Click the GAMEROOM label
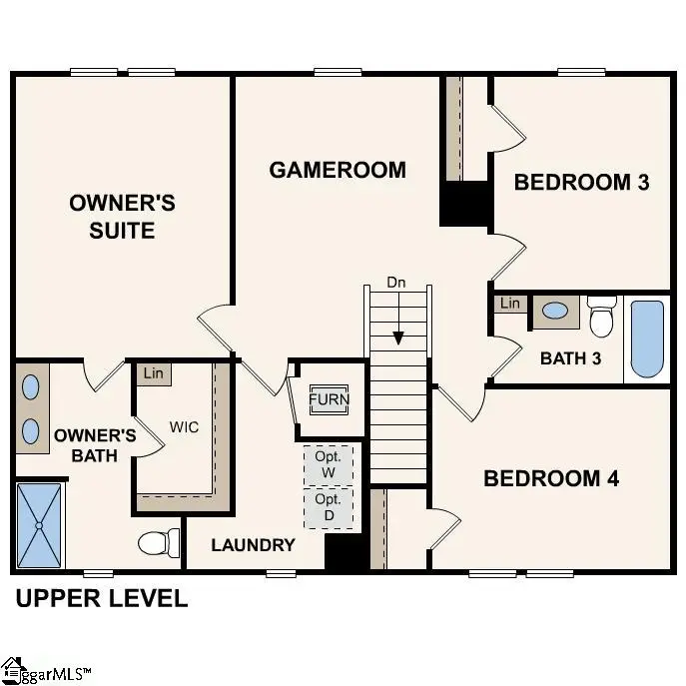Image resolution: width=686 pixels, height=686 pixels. pyautogui.click(x=338, y=170)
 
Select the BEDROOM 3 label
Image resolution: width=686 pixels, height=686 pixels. pyautogui.click(x=582, y=182)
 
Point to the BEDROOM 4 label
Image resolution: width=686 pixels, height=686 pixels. pyautogui.click(x=551, y=478)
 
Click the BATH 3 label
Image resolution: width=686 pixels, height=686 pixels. pyautogui.click(x=570, y=357)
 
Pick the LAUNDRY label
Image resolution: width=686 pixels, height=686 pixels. pyautogui.click(x=253, y=545)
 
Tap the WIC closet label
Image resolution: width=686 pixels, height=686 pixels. pyautogui.click(x=184, y=427)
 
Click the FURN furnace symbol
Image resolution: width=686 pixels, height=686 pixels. pyautogui.click(x=329, y=399)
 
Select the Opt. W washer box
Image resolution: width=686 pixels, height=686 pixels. pyautogui.click(x=329, y=464)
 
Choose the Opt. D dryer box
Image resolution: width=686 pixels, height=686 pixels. pyautogui.click(x=328, y=506)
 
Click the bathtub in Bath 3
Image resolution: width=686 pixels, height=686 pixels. pyautogui.click(x=646, y=340)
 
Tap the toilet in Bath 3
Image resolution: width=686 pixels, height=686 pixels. pyautogui.click(x=601, y=317)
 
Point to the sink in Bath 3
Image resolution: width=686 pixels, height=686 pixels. pyautogui.click(x=553, y=313)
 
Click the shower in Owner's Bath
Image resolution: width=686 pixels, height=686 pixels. pyautogui.click(x=39, y=524)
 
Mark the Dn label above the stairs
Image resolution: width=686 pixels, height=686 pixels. pyautogui.click(x=396, y=283)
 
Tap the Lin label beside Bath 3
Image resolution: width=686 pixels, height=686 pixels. pyautogui.click(x=510, y=304)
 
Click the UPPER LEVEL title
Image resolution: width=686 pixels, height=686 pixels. pyautogui.click(x=100, y=599)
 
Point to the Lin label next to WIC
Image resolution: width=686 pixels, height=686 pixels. pyautogui.click(x=153, y=373)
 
